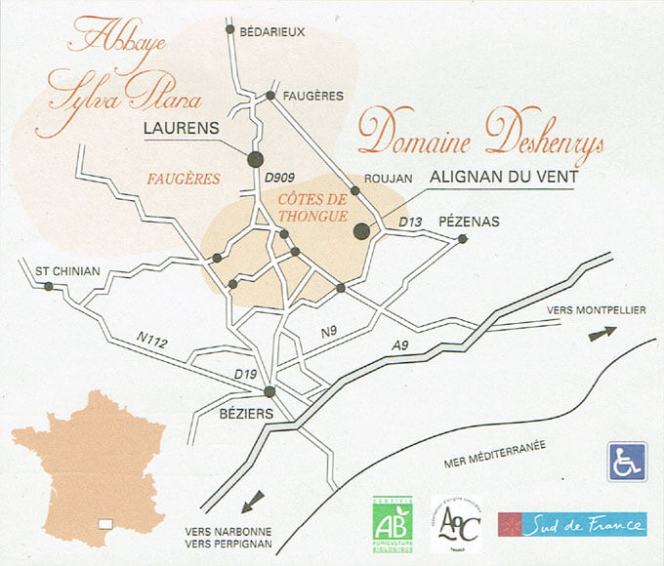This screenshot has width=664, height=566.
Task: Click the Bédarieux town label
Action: point(272,31)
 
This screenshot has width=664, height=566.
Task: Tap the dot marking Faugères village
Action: point(270,95)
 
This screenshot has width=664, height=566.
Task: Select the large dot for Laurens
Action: point(256,159)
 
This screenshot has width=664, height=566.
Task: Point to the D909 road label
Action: point(280,178)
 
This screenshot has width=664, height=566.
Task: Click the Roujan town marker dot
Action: point(355,190)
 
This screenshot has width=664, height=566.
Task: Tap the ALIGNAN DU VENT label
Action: point(505,178)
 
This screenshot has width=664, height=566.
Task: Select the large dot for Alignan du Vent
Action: point(361,231)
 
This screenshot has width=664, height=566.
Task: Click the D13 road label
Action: point(409,223)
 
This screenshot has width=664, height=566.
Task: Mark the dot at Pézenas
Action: point(463,239)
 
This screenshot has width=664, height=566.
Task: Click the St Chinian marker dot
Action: point(47,286)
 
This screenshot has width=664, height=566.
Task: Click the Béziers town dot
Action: point(270,392)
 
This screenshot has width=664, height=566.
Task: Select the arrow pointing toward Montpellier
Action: point(602,333)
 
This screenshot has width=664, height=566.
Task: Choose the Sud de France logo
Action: point(572,525)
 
